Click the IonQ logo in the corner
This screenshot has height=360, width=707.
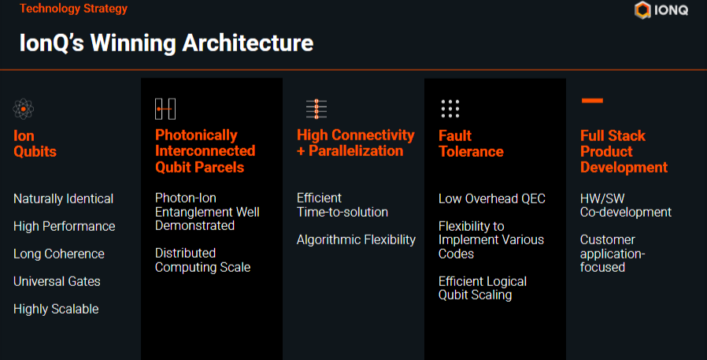[661, 10]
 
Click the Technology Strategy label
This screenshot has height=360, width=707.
[73, 9]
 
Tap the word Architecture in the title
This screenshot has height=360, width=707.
[247, 43]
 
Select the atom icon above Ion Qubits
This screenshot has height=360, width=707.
[24, 109]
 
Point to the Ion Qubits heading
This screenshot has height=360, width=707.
[35, 143]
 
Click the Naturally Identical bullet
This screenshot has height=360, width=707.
[63, 199]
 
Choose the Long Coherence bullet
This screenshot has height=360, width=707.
[58, 254]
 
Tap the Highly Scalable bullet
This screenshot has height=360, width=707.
[56, 309]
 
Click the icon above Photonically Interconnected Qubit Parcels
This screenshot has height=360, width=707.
[165, 109]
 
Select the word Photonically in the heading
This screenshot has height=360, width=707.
[196, 135]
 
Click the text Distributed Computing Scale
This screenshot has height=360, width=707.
[202, 260]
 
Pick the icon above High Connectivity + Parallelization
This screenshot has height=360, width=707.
[316, 109]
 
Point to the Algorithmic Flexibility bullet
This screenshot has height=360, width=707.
[356, 239]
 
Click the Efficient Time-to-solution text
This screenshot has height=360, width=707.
[342, 205]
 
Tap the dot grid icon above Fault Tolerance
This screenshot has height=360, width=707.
[450, 109]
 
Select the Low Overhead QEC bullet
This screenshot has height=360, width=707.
[492, 199]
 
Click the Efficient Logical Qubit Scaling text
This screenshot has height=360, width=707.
[483, 288]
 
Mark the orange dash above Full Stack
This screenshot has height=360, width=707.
[592, 101]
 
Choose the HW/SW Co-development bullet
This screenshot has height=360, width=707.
[626, 206]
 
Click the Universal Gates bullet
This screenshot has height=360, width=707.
[57, 281]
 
